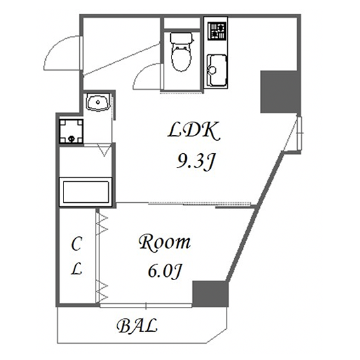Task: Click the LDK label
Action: (x=194, y=132)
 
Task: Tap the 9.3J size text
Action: (x=196, y=161)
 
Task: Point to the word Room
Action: (x=165, y=242)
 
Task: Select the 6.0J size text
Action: (x=165, y=270)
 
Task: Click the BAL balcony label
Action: (x=137, y=325)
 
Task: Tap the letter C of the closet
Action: (x=77, y=244)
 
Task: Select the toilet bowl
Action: (x=181, y=58)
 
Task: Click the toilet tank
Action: (x=181, y=38)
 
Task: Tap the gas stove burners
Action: (x=217, y=30)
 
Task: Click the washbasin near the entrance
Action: (x=98, y=102)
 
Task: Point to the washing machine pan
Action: (x=71, y=131)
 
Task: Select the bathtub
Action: (x=86, y=192)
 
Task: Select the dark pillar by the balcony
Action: (x=210, y=294)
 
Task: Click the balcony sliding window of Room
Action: (x=146, y=306)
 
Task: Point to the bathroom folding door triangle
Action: (x=105, y=150)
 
